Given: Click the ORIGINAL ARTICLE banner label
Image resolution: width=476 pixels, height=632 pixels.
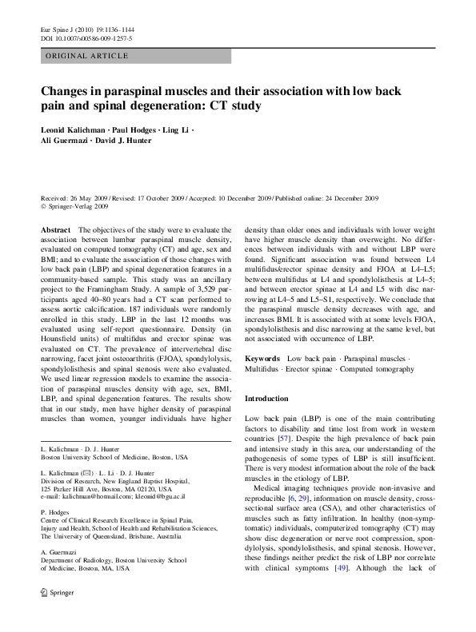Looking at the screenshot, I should click(87, 56).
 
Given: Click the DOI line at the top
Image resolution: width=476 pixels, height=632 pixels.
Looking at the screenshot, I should click(86, 38).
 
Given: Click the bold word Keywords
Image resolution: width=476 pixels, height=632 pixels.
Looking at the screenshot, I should click(262, 360).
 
